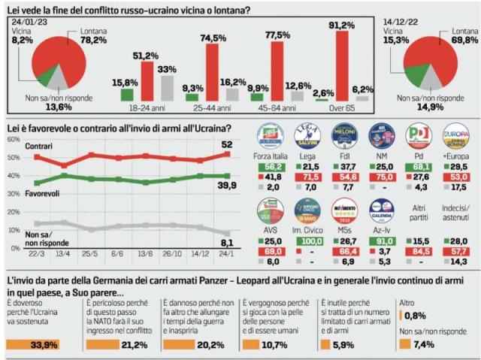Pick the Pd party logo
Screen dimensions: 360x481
point(419,135)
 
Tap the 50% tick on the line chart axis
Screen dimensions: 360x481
point(14,158)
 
